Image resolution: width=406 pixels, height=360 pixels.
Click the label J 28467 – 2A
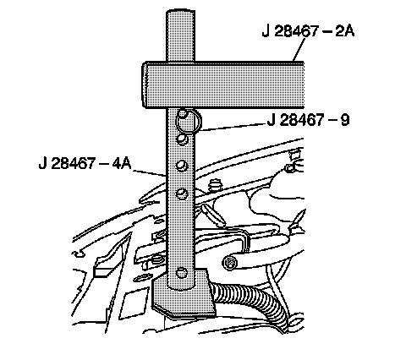[x=308, y=30]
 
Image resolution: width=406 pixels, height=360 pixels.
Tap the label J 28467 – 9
[x=308, y=120]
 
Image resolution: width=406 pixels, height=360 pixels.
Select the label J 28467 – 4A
[x=85, y=163]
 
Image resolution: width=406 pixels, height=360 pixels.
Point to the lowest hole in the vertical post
[x=181, y=273]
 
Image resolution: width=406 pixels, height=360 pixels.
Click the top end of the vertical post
[x=180, y=12]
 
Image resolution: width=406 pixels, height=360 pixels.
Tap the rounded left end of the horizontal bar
[x=145, y=85]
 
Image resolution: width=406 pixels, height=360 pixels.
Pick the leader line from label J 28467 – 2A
[x=299, y=50]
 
